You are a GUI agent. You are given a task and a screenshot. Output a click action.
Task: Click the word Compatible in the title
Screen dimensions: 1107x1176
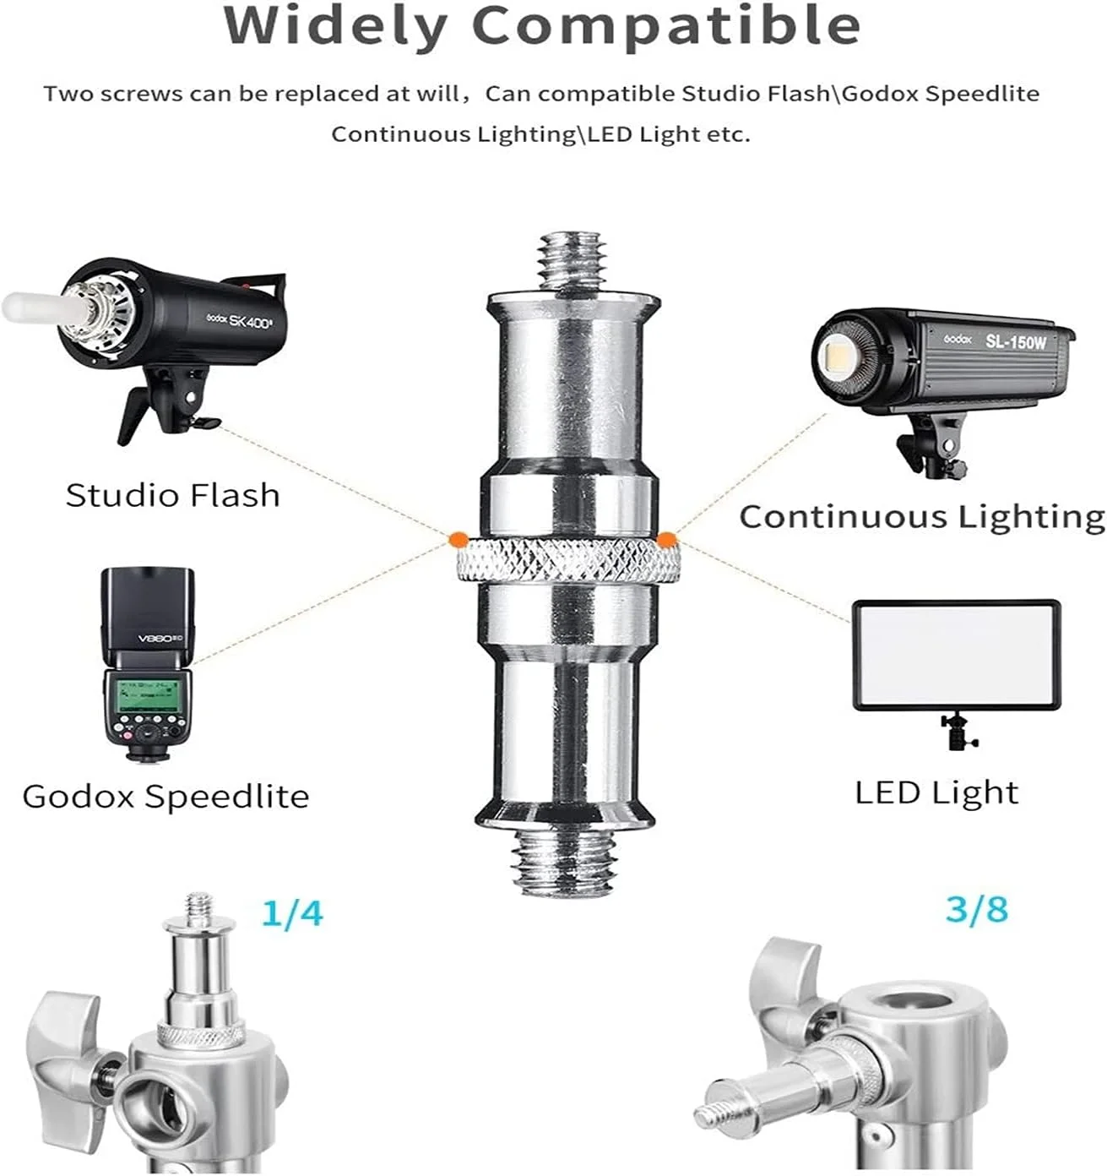pyautogui.click(x=667, y=24)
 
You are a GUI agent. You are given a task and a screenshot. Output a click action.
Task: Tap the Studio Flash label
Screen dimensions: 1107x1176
pyautogui.click(x=172, y=495)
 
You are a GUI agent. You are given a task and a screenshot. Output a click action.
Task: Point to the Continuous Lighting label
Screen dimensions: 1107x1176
pyautogui.click(x=922, y=517)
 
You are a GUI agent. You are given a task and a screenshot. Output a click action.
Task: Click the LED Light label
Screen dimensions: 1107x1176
pyautogui.click(x=936, y=793)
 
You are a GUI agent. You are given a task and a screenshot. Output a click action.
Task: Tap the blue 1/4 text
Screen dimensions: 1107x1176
pyautogui.click(x=292, y=913)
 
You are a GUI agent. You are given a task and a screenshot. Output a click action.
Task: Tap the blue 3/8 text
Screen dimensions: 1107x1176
pyautogui.click(x=976, y=909)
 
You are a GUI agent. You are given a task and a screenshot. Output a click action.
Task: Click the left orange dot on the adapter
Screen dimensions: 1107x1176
pyautogui.click(x=459, y=540)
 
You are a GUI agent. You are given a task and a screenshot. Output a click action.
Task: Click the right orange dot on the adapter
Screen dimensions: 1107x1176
pyautogui.click(x=666, y=540)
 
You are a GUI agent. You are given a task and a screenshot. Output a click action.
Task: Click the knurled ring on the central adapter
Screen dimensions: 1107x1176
pyautogui.click(x=567, y=560)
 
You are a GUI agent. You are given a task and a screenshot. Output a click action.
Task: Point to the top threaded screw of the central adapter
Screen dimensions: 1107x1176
pyautogui.click(x=571, y=263)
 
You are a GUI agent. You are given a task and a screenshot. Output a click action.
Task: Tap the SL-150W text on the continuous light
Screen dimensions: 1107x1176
pyautogui.click(x=1016, y=341)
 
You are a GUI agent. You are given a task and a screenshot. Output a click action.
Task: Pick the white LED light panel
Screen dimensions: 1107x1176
pyautogui.click(x=956, y=656)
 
